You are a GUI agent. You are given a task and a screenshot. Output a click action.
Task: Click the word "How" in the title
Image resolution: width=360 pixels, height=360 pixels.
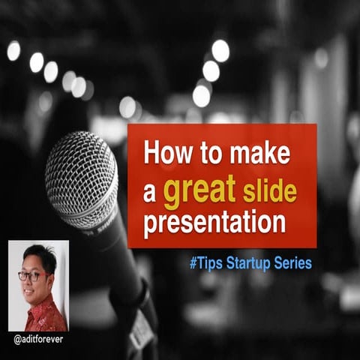(161, 154)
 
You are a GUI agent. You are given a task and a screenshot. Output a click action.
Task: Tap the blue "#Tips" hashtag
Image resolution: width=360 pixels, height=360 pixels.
(206, 264)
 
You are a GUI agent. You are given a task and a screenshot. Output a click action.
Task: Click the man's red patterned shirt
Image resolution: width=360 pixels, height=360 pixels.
(45, 315)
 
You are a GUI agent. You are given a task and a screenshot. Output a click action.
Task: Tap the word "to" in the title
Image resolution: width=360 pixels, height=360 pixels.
(201, 155)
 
